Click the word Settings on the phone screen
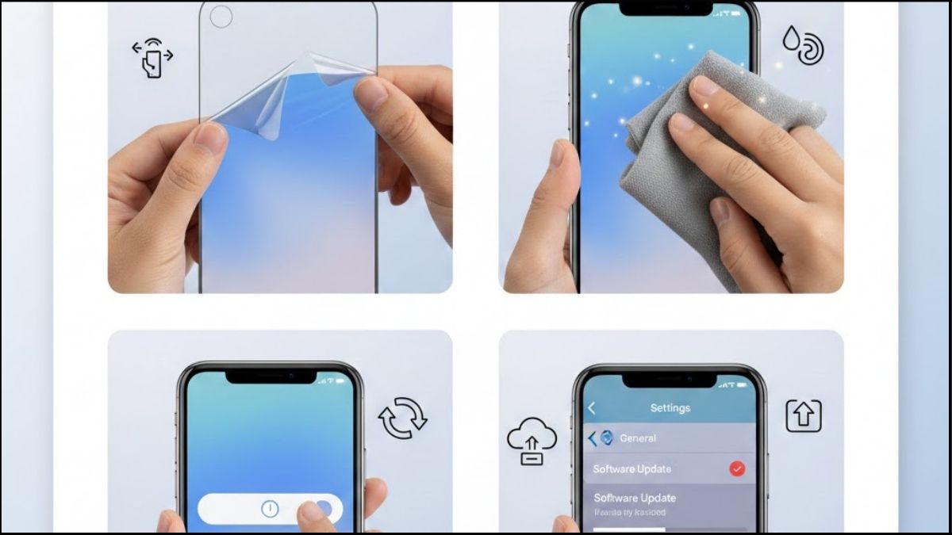pyautogui.click(x=670, y=407)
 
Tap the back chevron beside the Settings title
pyautogui.click(x=591, y=407)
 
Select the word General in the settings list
pyautogui.click(x=638, y=438)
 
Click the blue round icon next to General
pyautogui.click(x=607, y=438)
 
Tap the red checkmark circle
pyautogui.click(x=737, y=468)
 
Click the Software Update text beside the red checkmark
pyautogui.click(x=631, y=468)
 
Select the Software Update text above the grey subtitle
pyautogui.click(x=635, y=498)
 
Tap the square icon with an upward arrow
pyautogui.click(x=803, y=416)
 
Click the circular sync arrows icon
pyautogui.click(x=403, y=418)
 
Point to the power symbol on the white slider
pyautogui.click(x=270, y=509)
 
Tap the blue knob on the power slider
pyautogui.click(x=322, y=509)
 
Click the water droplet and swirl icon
pyautogui.click(x=803, y=44)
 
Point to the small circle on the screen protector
pyautogui.click(x=221, y=17)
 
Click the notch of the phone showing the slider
pyautogui.click(x=270, y=374)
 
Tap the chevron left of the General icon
pyautogui.click(x=592, y=438)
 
